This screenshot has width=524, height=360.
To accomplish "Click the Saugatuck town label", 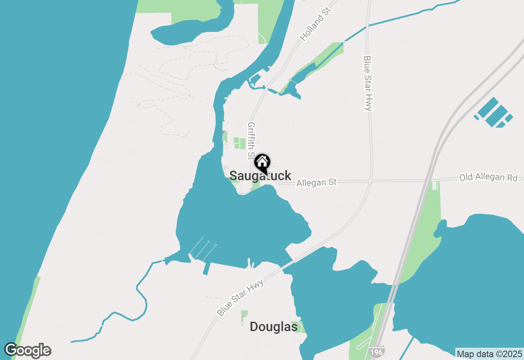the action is coord(260,176).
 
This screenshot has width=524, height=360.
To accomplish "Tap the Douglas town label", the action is coord(273,327).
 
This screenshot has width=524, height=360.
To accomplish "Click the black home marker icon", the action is coord(262,163).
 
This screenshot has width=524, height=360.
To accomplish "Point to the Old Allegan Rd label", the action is coord(488,178).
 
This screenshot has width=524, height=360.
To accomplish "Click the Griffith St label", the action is coord(251,141).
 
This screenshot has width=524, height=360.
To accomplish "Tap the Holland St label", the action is coord(315,25).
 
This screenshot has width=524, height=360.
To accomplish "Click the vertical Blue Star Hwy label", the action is coord(368,83).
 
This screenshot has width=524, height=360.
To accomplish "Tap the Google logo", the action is coord(28,351).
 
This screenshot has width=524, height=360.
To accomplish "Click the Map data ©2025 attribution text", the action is coord(490,354).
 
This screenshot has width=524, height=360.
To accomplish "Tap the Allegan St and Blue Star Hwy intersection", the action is coord(371,180).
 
